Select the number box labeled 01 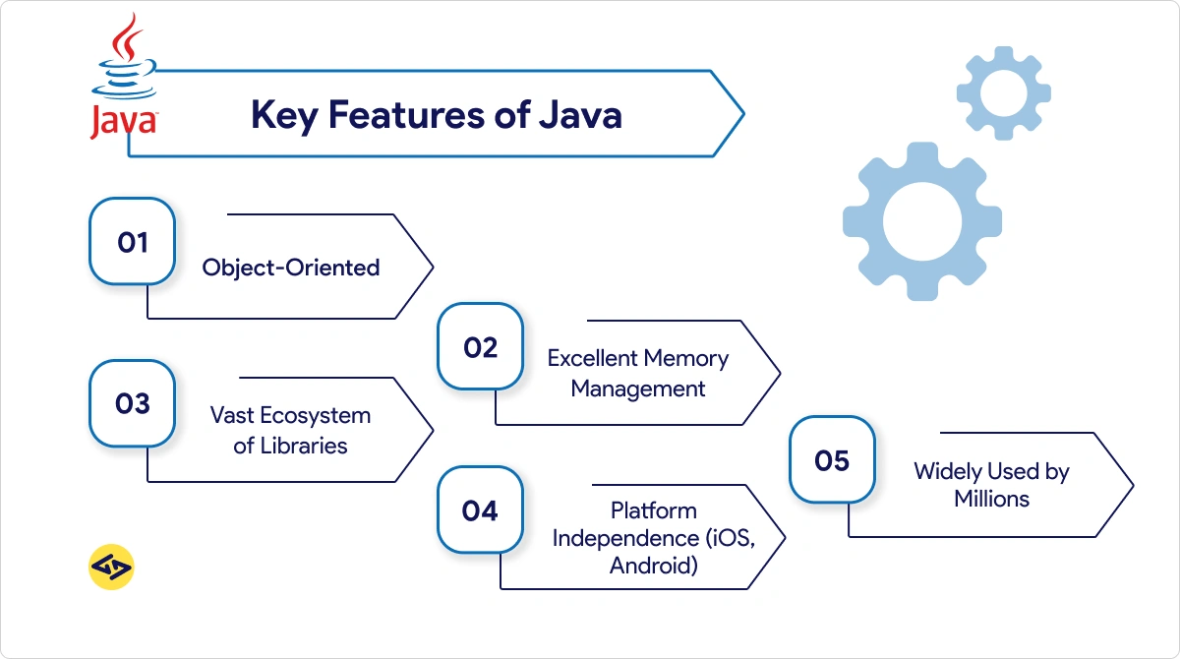[x=133, y=242]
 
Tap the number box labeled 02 [x=480, y=347]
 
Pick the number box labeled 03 [x=133, y=403]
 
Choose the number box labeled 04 [x=480, y=510]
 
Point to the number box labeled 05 [x=832, y=460]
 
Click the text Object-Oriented [x=291, y=267]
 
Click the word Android [x=654, y=566]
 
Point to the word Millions [x=991, y=499]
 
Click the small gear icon [x=1003, y=92]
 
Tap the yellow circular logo [x=111, y=568]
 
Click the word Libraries [x=304, y=446]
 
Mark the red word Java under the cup [x=122, y=122]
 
